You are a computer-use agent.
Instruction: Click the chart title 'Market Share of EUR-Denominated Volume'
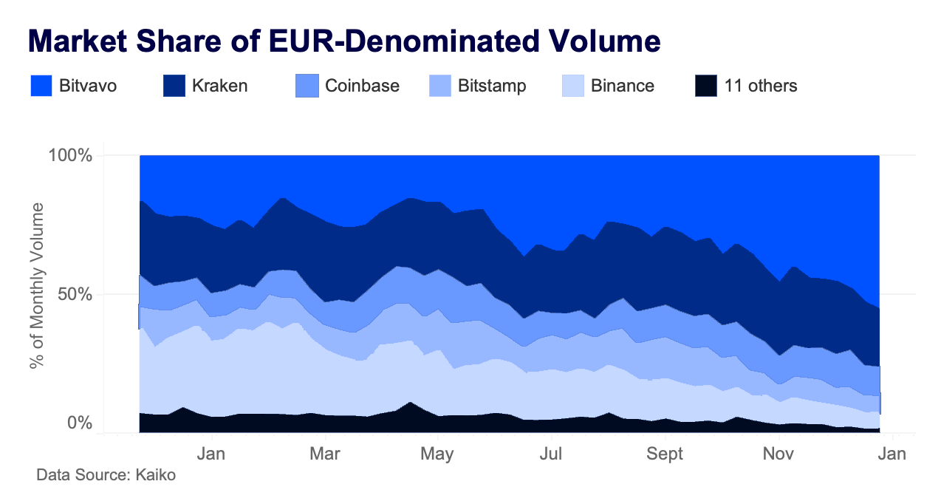[344, 41]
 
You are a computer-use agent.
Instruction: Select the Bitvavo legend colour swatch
[41, 86]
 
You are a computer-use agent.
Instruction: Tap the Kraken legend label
[219, 86]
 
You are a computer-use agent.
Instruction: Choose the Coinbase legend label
[362, 86]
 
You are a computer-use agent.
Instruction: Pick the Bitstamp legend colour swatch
[439, 86]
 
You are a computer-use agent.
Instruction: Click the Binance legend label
[623, 86]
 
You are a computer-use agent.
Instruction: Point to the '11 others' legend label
[761, 86]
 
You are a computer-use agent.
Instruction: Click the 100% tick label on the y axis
[69, 156]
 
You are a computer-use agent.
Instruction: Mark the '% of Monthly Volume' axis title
[37, 285]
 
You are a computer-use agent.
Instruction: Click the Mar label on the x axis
[325, 454]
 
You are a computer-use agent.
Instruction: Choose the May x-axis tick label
[439, 454]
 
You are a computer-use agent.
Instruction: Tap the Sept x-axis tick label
[665, 454]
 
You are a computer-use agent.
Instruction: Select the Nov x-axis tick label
[779, 454]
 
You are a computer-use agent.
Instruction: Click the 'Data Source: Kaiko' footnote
[106, 475]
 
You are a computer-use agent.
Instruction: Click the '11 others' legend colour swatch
[705, 86]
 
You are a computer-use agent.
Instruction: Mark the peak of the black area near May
[411, 403]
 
